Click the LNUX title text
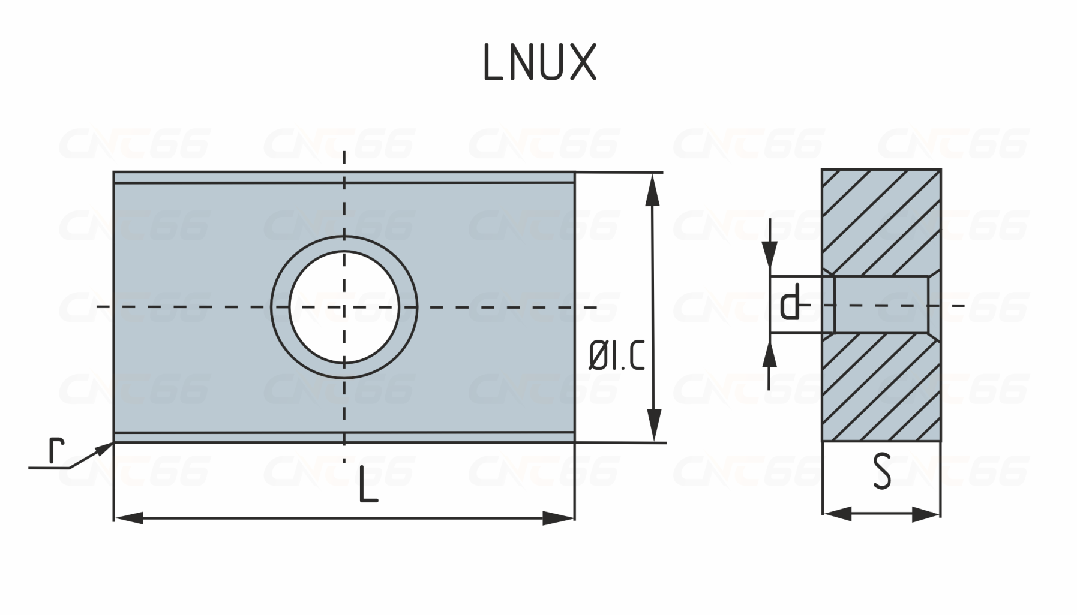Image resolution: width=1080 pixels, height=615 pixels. pyautogui.click(x=539, y=62)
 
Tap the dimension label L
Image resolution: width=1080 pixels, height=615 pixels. pyautogui.click(x=368, y=485)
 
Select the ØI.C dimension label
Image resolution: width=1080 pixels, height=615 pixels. pyautogui.click(x=617, y=358)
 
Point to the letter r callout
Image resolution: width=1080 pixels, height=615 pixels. pyautogui.click(x=56, y=451)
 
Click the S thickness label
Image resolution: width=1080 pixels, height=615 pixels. pyautogui.click(x=882, y=472)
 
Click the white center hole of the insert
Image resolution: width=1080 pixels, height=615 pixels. pyautogui.click(x=344, y=307)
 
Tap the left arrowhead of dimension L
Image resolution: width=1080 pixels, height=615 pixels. pyautogui.click(x=128, y=518)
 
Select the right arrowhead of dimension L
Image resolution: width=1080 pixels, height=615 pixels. pyautogui.click(x=559, y=518)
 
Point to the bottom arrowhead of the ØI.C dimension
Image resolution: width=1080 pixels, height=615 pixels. pyautogui.click(x=655, y=426)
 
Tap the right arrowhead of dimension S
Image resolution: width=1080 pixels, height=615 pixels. pyautogui.click(x=926, y=514)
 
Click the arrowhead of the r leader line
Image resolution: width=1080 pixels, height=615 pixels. pyautogui.click(x=104, y=448)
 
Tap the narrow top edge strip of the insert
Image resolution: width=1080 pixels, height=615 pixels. pyautogui.click(x=344, y=177)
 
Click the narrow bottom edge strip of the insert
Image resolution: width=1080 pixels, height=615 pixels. pyautogui.click(x=344, y=437)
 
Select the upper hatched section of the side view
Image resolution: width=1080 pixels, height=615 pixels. pyautogui.click(x=881, y=222)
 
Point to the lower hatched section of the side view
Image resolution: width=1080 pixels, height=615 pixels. pyautogui.click(x=881, y=388)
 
